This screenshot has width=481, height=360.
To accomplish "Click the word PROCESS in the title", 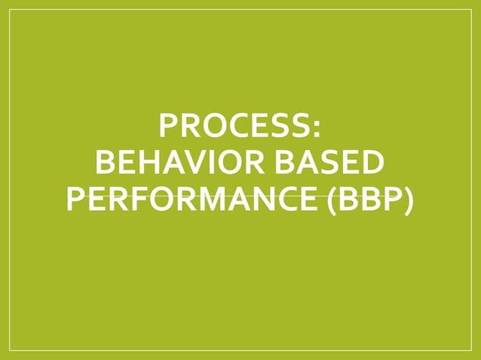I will tap(235, 126).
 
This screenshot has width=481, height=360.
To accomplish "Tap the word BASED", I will tap(331, 162).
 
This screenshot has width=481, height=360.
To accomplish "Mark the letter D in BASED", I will tap(370, 162).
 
